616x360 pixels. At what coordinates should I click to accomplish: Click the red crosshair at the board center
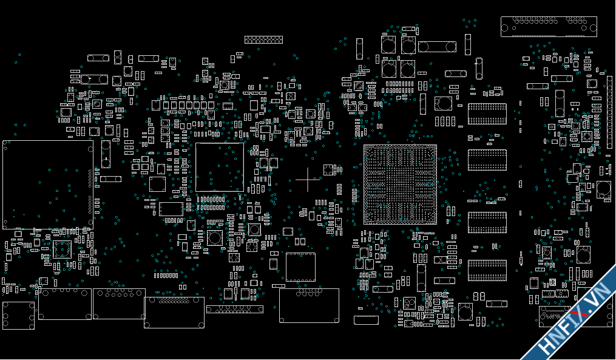point(308,180)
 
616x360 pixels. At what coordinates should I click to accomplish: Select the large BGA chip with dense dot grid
point(400,185)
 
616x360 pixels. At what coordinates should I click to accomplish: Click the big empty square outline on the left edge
point(48,185)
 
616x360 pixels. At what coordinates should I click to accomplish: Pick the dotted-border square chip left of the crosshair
point(220,167)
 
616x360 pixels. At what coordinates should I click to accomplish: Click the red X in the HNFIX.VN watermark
point(583,312)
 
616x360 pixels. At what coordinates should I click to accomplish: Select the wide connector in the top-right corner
point(549,26)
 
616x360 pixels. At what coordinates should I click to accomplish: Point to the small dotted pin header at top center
point(263,39)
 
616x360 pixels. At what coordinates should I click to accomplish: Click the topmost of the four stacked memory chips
point(487,114)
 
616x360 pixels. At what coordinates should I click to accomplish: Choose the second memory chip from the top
point(487,160)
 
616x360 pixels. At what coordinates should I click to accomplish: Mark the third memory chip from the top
point(487,222)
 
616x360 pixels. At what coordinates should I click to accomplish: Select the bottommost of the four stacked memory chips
point(487,270)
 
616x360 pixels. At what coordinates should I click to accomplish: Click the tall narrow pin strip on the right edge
point(609,112)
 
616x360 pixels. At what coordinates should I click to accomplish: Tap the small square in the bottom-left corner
point(18,316)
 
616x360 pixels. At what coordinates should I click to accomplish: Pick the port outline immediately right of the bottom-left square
point(65,304)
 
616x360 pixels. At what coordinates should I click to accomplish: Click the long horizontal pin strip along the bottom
point(234,309)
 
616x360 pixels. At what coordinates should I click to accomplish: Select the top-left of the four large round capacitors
point(388,44)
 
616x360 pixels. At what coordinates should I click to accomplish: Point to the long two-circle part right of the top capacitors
point(437,47)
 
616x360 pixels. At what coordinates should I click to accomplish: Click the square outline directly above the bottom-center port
point(300,267)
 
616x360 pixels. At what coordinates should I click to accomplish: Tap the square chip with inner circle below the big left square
point(63,250)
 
